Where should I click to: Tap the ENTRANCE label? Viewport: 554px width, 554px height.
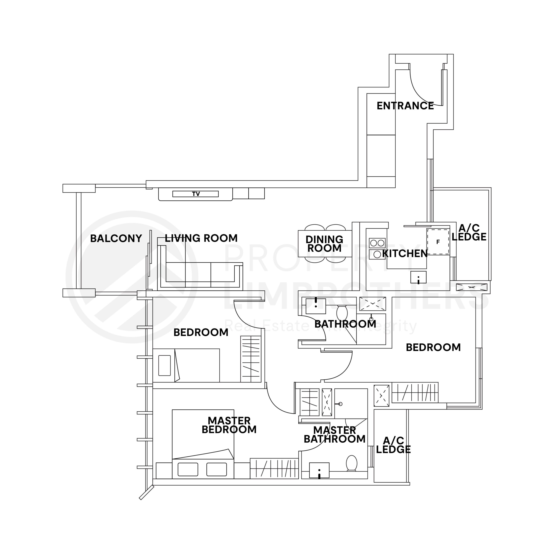click(405, 106)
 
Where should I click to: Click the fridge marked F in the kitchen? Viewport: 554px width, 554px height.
click(438, 242)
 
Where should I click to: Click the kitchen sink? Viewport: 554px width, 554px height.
click(418, 277)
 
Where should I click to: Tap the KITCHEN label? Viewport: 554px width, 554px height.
click(405, 253)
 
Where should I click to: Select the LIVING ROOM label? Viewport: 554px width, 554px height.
click(201, 238)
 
